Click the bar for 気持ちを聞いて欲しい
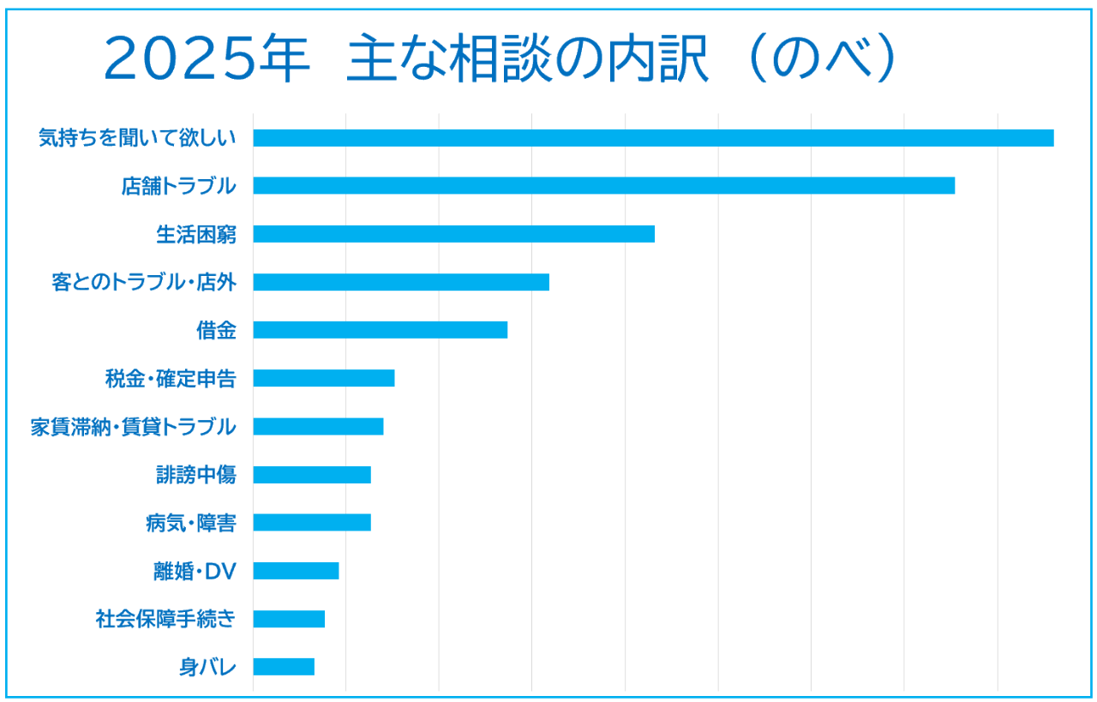click(653, 138)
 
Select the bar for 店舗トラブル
click(603, 186)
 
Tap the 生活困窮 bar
click(453, 234)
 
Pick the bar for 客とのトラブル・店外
click(401, 282)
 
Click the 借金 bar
click(380, 330)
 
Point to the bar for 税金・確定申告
click(323, 378)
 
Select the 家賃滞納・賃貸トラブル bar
click(318, 426)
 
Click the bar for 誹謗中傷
click(312, 474)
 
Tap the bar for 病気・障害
click(312, 522)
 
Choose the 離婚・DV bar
click(296, 570)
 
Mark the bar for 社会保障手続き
click(289, 619)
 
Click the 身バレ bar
click(284, 667)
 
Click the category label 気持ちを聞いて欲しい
click(137, 138)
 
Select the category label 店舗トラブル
click(178, 186)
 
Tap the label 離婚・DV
click(195, 570)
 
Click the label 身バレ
click(207, 667)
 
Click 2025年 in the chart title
click(206, 60)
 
